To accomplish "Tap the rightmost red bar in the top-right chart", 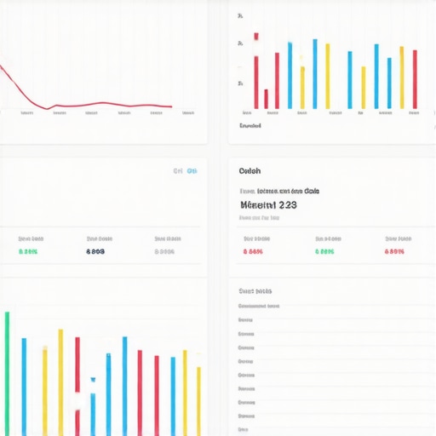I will (x=415, y=79).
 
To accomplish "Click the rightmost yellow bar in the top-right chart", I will (x=402, y=77).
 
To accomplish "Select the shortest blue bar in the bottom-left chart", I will (x=93, y=414).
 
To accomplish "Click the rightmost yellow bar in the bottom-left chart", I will (x=198, y=400).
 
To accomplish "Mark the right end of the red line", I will (x=171, y=106).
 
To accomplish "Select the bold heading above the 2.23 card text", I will (x=250, y=170).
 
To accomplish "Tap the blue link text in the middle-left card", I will (x=185, y=171).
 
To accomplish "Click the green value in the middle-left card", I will (x=27, y=252).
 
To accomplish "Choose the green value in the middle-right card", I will (x=324, y=252).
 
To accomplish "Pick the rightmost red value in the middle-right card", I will (x=394, y=252).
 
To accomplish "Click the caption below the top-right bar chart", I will (x=250, y=126).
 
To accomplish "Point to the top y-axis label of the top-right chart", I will (x=241, y=16).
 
